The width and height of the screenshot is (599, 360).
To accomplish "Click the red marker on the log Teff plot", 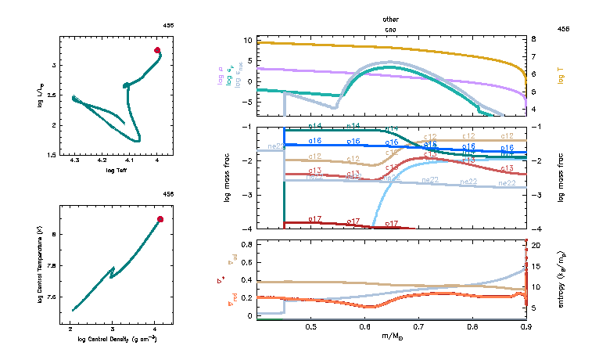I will tap(157, 50).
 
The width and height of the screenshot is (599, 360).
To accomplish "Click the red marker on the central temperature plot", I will tap(160, 219).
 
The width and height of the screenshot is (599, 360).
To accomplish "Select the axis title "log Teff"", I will tap(117, 170).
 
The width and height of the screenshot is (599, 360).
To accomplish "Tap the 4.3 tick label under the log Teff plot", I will tap(74, 161).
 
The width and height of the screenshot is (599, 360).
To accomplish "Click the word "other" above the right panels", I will tap(390, 18).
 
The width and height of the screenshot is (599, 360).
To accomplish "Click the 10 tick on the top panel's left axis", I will tap(247, 39).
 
